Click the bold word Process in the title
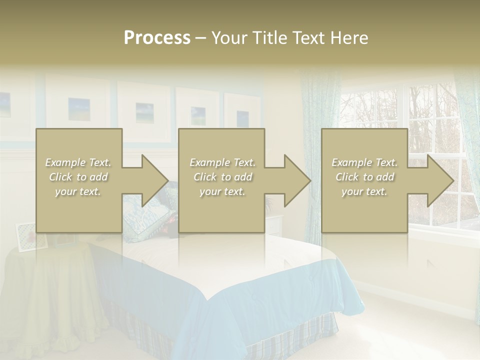tap(157, 38)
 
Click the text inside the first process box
tap(78, 177)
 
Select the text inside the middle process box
tap(222, 177)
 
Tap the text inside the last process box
tap(364, 177)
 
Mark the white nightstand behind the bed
tap(274, 225)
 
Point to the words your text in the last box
tap(364, 191)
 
